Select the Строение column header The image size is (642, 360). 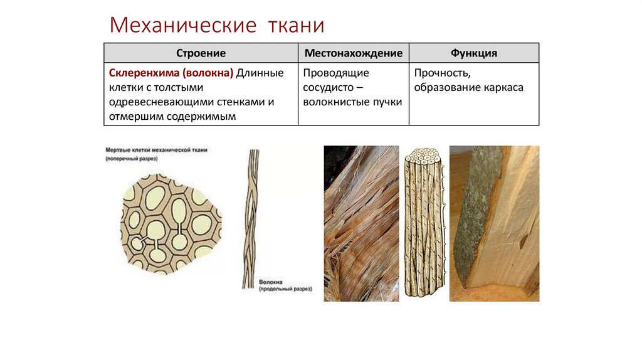pos(201,53)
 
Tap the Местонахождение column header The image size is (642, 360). pos(354,53)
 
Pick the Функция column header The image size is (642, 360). pos(474,53)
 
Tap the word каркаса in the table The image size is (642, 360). pos(503,88)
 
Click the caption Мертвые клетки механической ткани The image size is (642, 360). pos(155,150)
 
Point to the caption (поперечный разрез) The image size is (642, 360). pos(131,159)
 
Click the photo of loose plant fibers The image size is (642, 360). pos(361,223)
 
